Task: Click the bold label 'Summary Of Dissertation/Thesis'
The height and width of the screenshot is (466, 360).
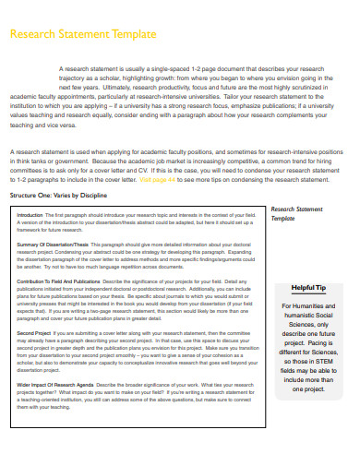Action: [x=51, y=244]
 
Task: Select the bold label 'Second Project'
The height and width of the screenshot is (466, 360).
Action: [x=33, y=331]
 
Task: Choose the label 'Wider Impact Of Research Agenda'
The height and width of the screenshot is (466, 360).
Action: [x=54, y=383]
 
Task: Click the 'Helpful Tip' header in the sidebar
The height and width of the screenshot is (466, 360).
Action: [x=309, y=287]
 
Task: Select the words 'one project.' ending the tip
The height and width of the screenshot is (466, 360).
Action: [x=309, y=390]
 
